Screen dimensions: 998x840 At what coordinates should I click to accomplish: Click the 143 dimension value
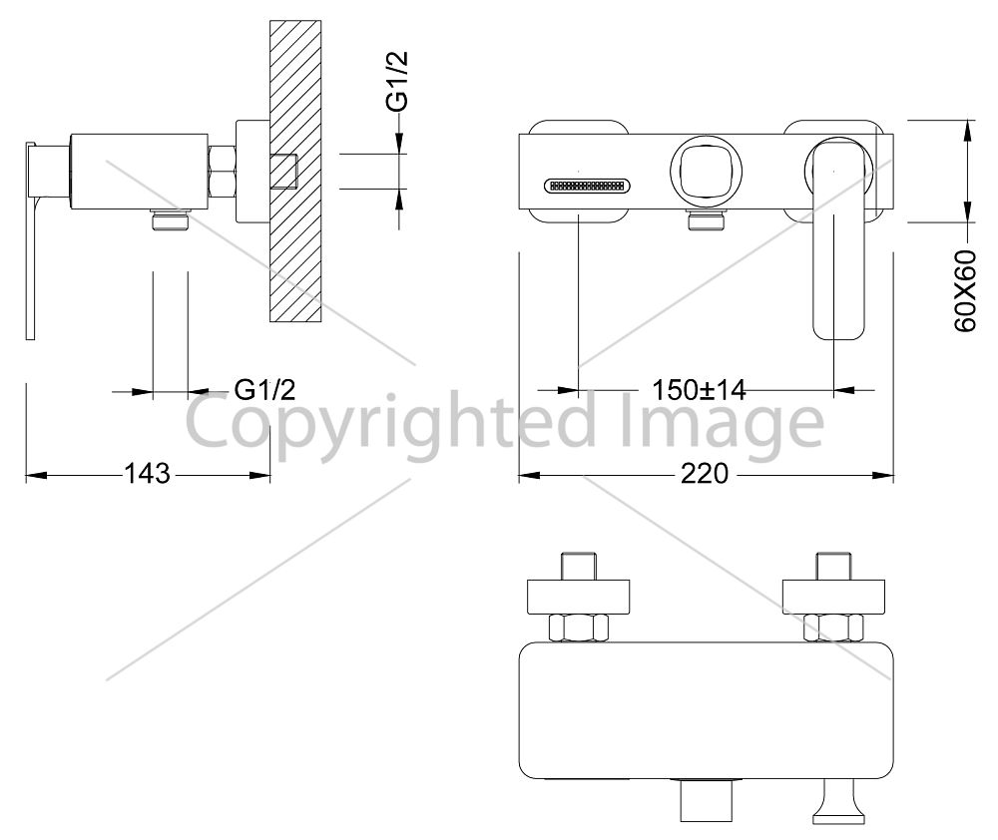point(147,474)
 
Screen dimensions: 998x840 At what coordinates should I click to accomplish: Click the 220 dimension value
point(704,474)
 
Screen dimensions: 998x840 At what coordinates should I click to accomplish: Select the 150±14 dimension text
point(699,389)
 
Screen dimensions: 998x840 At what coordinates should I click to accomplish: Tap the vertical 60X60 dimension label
point(965,291)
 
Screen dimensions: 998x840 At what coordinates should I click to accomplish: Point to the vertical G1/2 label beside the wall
point(398,82)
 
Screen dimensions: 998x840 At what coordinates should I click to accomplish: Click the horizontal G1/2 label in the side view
point(264,389)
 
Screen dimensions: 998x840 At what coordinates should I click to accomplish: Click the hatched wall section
point(295,171)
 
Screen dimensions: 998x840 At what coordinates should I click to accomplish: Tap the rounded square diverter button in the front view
point(707,171)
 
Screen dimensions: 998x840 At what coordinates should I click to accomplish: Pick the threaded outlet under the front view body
point(706,220)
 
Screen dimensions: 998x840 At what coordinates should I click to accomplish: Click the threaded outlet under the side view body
point(171,220)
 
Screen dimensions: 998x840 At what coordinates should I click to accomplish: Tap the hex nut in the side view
point(223,170)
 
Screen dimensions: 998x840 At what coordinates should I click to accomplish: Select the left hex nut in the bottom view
point(579,628)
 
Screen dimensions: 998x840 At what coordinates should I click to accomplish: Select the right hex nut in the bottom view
point(833,628)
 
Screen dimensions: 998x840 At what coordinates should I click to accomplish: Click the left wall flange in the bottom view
point(579,597)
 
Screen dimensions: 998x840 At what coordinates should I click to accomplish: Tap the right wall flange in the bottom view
point(833,597)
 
